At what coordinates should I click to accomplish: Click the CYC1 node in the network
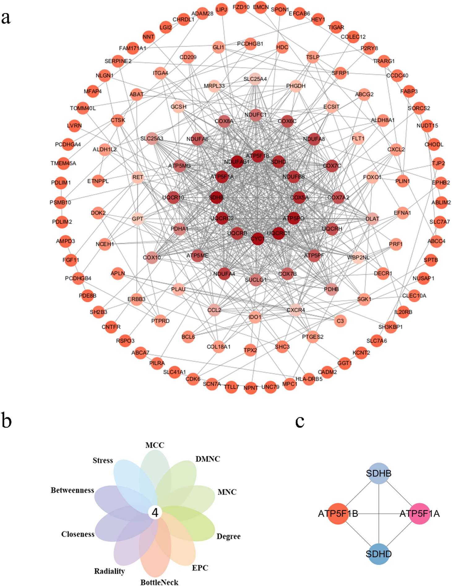click(257, 239)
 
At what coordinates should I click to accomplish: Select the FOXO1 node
click(372, 177)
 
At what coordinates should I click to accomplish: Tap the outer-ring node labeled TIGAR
click(336, 27)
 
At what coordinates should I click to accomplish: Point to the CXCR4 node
click(296, 310)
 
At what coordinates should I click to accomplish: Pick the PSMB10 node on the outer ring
click(61, 202)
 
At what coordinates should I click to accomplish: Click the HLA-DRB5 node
click(309, 379)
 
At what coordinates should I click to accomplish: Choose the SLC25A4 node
click(255, 79)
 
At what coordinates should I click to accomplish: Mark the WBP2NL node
click(358, 257)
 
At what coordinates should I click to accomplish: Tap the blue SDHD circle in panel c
click(379, 553)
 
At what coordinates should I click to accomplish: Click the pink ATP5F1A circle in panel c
click(419, 514)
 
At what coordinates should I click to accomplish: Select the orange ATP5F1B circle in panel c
click(338, 514)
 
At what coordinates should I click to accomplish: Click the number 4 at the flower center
click(155, 513)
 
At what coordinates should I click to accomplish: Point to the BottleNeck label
click(159, 582)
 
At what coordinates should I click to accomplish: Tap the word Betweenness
click(72, 490)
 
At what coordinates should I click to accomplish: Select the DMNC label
click(208, 459)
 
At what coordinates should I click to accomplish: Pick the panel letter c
click(299, 422)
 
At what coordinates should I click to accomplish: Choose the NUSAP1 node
click(423, 278)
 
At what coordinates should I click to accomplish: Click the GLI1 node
click(218, 47)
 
